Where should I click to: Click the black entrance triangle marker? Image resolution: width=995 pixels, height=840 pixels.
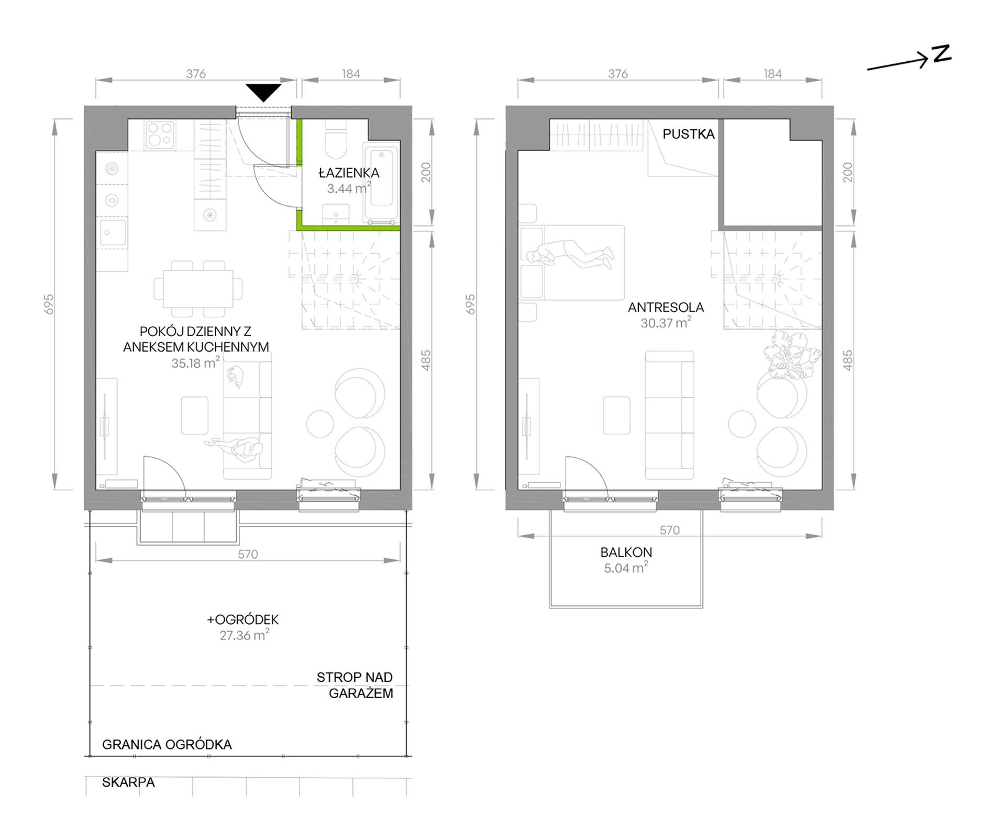point(263,92)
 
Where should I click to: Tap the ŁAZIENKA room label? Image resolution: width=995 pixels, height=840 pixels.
point(349,173)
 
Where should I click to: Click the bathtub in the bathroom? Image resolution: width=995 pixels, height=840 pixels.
point(381,184)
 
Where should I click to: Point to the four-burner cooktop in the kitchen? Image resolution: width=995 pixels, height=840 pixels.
point(160,134)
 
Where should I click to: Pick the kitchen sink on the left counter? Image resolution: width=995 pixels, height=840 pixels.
point(112,232)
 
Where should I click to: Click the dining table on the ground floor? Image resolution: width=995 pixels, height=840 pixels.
point(198,289)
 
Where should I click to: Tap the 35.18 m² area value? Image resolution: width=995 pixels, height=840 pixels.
point(195,362)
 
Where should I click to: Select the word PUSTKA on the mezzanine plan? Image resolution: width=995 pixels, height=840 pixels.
point(689,134)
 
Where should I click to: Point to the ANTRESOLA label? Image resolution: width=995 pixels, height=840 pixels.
point(666,307)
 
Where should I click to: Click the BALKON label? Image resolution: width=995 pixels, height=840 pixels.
point(626,552)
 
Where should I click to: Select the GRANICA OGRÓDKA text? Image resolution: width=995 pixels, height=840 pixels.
point(167,744)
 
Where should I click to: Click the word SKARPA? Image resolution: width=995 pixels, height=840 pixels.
point(128,782)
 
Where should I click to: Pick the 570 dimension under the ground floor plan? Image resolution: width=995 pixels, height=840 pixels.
point(248,554)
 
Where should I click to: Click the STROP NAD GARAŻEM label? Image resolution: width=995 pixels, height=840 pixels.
point(355,685)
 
